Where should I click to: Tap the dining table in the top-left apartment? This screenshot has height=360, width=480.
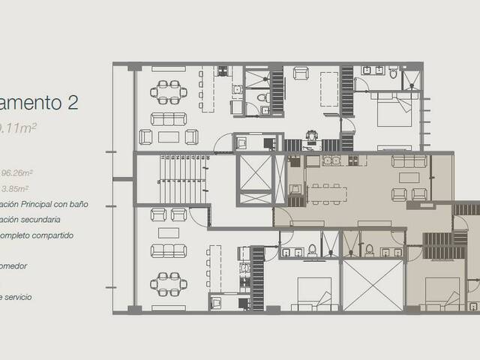coord(169,91)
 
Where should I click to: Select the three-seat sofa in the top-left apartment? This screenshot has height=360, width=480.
coord(169,118)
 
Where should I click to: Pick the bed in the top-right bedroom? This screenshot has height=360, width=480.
coord(394,117)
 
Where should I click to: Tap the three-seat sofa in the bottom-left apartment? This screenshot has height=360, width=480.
coord(169,250)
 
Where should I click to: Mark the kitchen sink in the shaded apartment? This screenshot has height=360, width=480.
coord(331,160)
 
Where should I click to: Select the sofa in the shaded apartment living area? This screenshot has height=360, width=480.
coord(409,161)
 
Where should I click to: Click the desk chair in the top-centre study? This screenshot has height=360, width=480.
coord(311,136)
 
